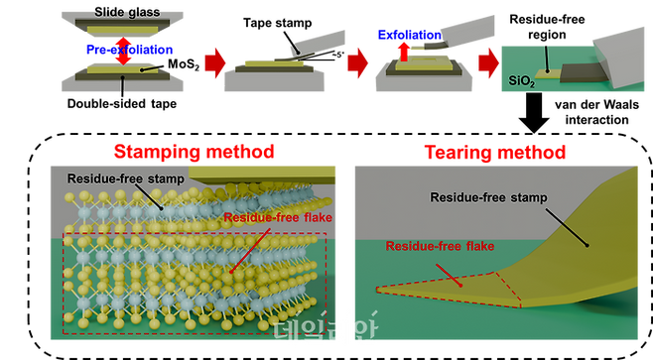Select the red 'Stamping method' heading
pos(194,151)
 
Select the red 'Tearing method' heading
pos(495,151)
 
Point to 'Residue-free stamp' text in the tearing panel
pos(483,196)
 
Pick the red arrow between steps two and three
pos(349,67)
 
